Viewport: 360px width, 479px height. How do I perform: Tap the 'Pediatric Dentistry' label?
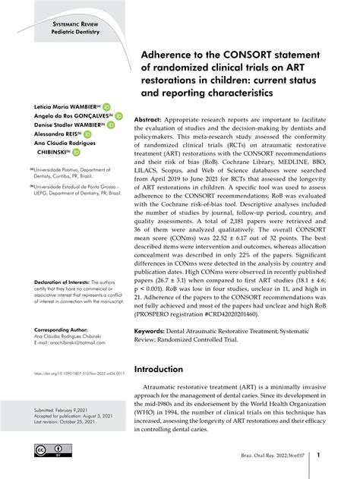(74, 34)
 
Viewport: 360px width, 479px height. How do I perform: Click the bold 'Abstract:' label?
(150, 121)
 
